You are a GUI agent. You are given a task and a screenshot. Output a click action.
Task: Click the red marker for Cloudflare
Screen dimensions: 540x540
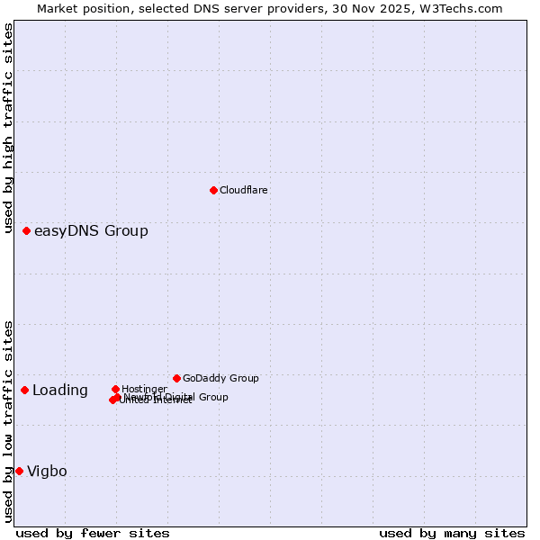[213, 190]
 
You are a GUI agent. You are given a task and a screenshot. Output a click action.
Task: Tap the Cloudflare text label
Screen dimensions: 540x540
[244, 190]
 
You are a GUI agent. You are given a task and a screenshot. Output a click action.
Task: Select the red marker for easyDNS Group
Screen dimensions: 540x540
[27, 231]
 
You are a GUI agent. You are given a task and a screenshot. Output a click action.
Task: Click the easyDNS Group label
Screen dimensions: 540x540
[91, 231]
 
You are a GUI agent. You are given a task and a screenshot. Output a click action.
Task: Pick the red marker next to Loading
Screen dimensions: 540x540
[25, 390]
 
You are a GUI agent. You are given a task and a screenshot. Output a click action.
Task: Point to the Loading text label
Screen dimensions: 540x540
[60, 391]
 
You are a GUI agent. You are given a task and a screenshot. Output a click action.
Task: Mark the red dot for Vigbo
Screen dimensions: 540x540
[19, 471]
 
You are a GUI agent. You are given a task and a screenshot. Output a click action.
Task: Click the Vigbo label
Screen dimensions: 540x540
[47, 472]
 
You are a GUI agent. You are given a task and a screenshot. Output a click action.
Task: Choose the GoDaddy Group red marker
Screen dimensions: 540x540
[176, 378]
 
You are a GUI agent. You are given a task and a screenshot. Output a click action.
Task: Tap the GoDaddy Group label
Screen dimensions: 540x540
[220, 378]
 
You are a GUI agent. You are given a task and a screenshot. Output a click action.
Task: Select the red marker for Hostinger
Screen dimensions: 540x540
[115, 389]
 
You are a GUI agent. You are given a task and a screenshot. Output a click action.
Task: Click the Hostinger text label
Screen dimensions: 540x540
[144, 389]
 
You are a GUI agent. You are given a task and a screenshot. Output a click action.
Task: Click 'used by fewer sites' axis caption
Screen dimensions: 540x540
[93, 533]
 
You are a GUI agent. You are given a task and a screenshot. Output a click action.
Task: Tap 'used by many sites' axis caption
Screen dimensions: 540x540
[452, 533]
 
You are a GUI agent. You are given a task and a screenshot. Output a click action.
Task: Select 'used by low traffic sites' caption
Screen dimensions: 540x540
[9, 420]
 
